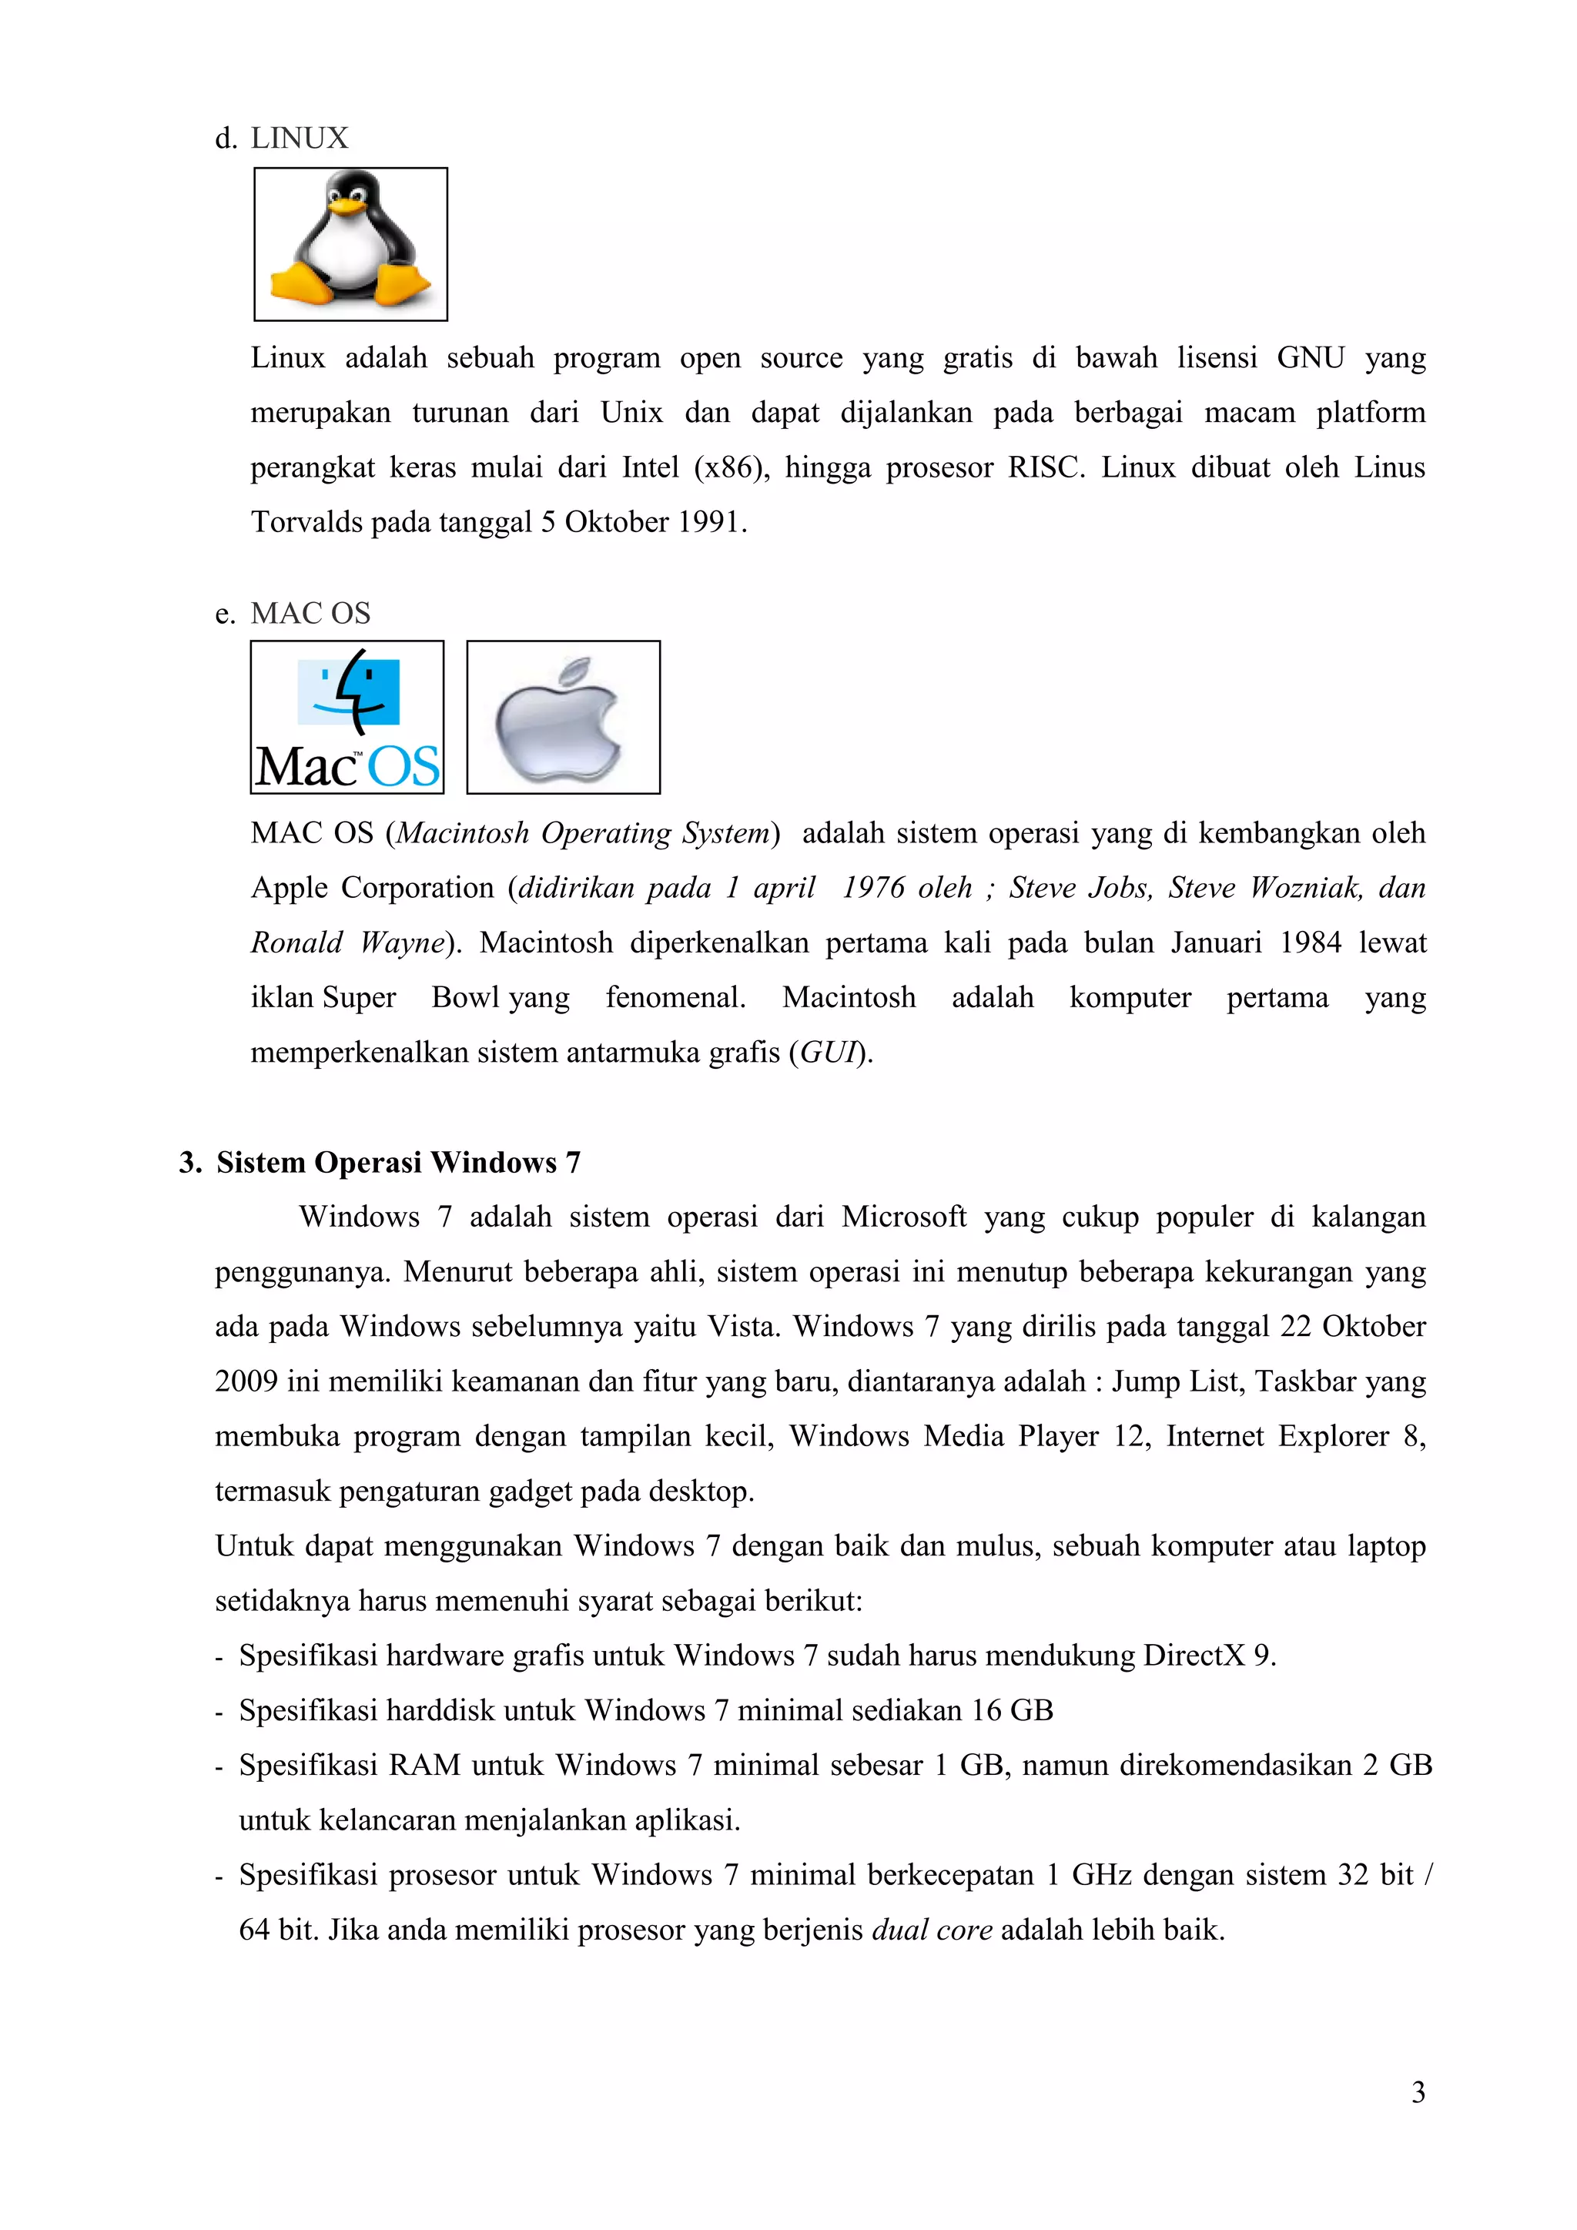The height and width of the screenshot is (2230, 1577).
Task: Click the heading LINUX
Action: tap(299, 138)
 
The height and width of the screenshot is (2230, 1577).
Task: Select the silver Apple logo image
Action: tap(563, 717)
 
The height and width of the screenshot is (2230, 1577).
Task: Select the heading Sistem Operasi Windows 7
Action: tap(398, 1162)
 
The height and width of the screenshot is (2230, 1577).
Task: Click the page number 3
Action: tap(1418, 2091)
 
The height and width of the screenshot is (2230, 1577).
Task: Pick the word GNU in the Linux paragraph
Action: tap(1310, 357)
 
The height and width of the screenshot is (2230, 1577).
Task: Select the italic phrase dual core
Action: tap(931, 1929)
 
